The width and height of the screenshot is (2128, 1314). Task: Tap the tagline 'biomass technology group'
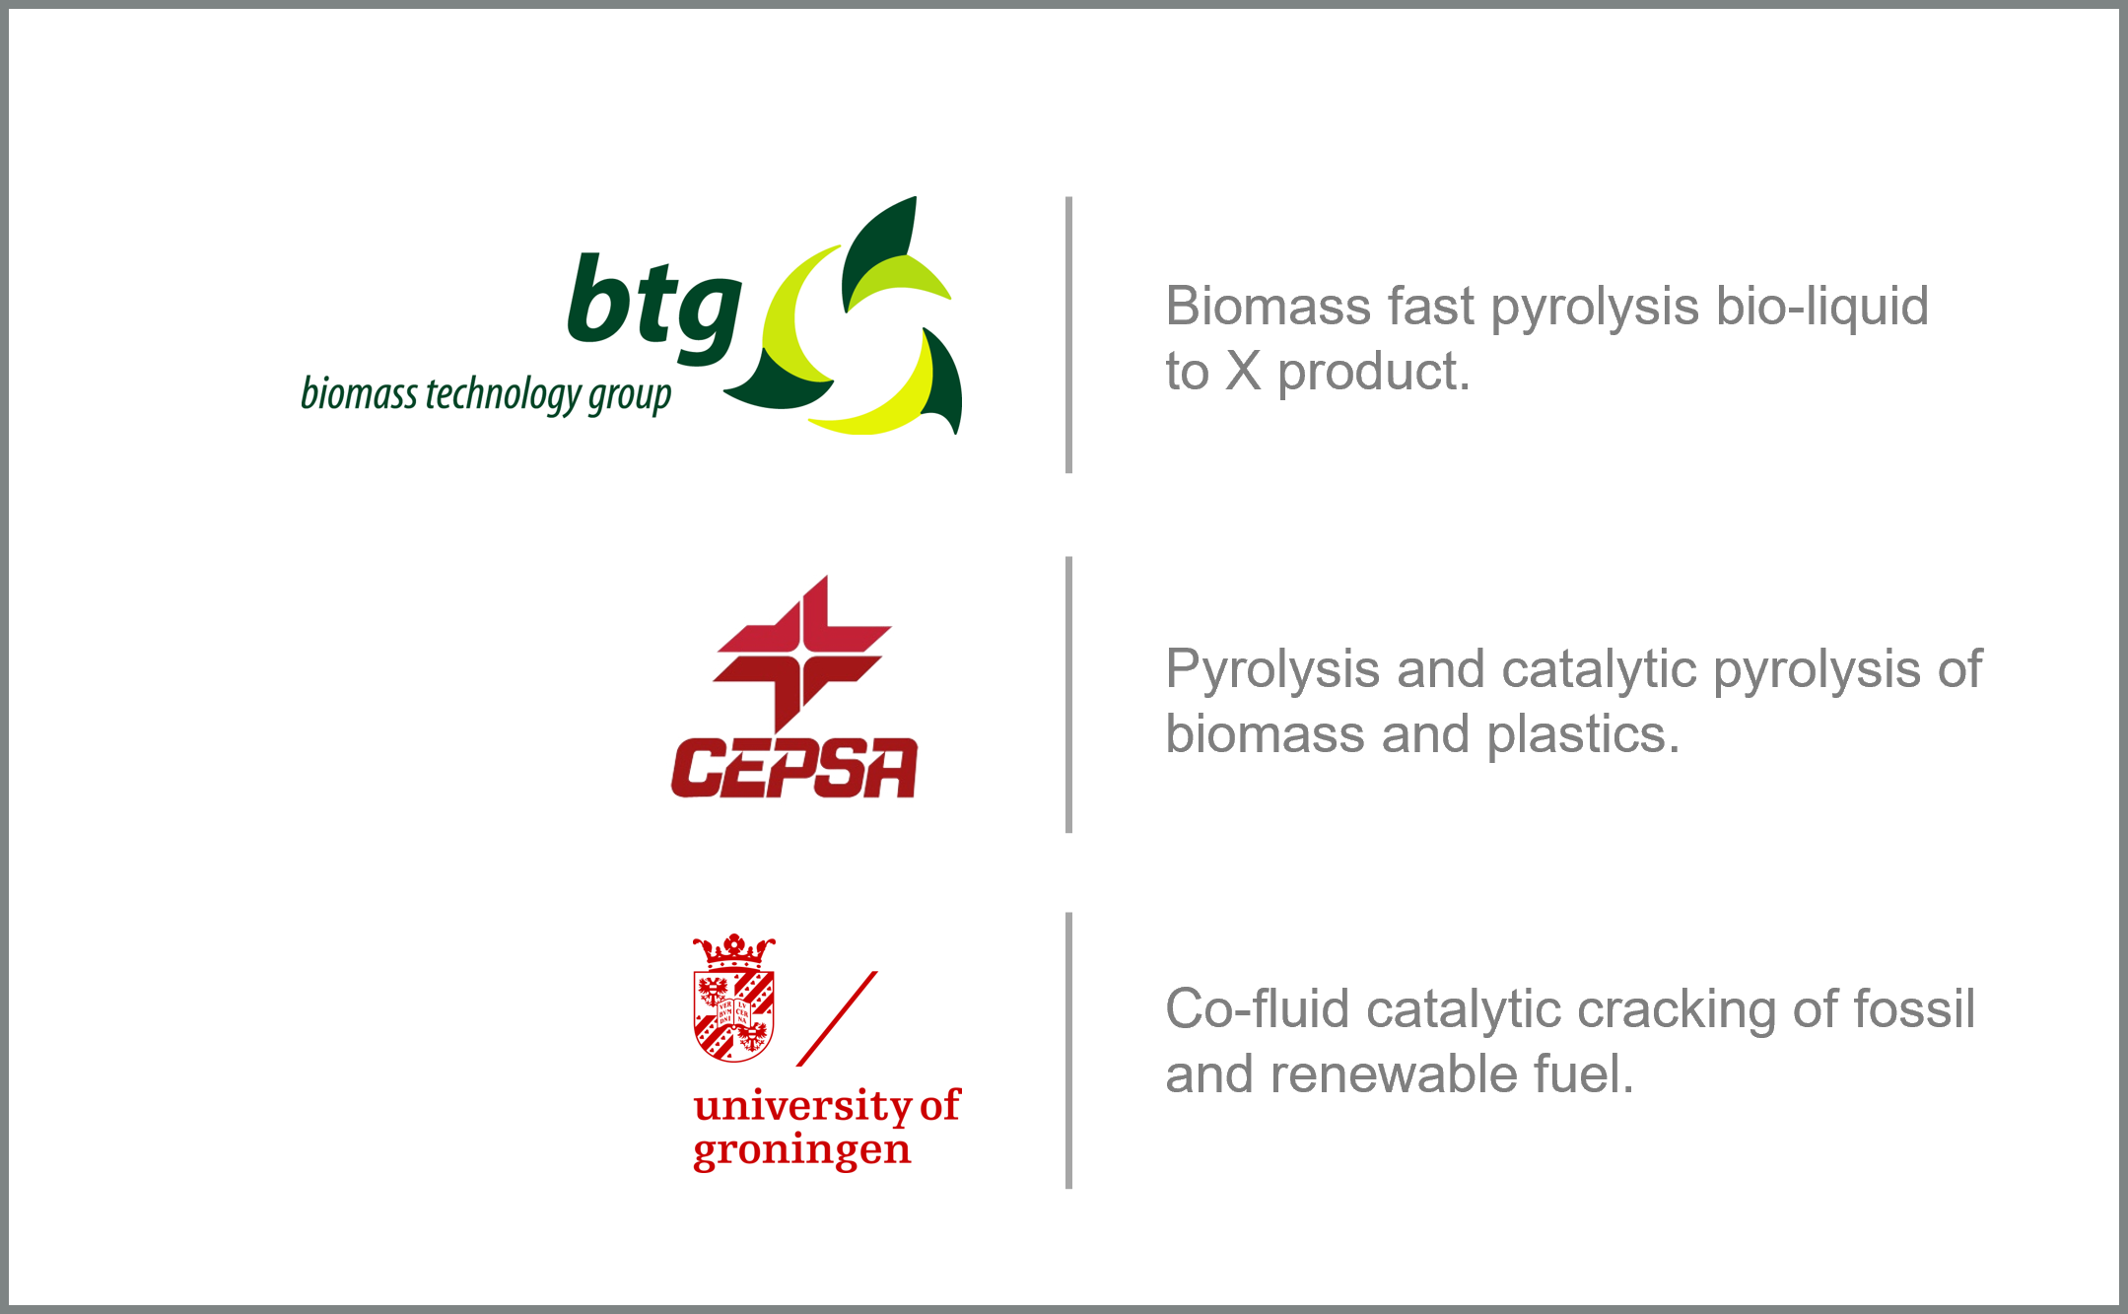pos(486,394)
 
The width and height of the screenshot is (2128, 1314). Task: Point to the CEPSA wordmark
pos(794,768)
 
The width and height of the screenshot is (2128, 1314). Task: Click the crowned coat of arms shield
pos(734,998)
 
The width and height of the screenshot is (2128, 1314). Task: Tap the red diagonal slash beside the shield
pos(837,1018)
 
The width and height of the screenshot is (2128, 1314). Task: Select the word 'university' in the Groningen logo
pos(803,1107)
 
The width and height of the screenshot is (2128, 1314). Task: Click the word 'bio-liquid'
pos(1821,307)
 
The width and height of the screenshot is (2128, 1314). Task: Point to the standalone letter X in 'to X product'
pos(1243,372)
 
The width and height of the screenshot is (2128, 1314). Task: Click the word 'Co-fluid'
pos(1258,1009)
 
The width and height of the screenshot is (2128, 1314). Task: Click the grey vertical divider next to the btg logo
pos(1068,335)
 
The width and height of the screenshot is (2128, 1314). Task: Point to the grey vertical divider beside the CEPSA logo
pos(1068,695)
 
